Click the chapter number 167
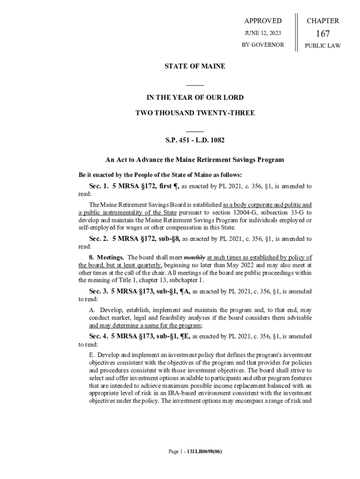point(323,34)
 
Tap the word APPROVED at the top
point(263,21)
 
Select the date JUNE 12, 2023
point(263,33)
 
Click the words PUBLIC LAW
point(323,45)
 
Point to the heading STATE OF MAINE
point(194,66)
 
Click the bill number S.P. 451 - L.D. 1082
point(194,140)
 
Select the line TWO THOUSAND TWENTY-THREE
point(194,113)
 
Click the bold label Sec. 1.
point(99,186)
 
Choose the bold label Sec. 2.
point(99,239)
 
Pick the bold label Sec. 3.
point(99,291)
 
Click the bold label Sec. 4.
point(99,336)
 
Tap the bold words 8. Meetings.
point(106,257)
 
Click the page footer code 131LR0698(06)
point(204,452)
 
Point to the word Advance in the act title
point(151,160)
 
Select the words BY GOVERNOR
point(263,45)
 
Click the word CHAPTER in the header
point(323,21)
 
